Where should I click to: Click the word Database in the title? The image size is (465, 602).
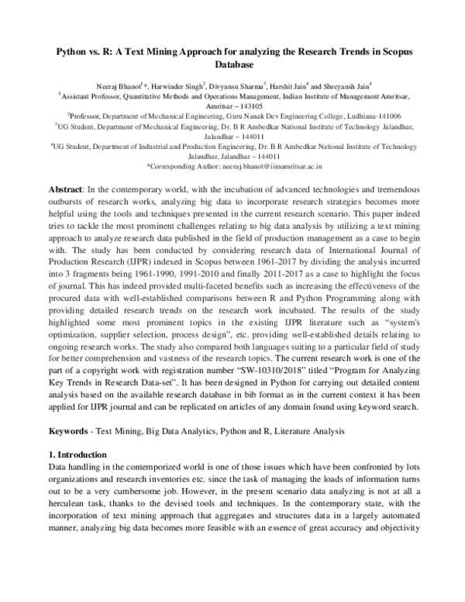click(232, 64)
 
